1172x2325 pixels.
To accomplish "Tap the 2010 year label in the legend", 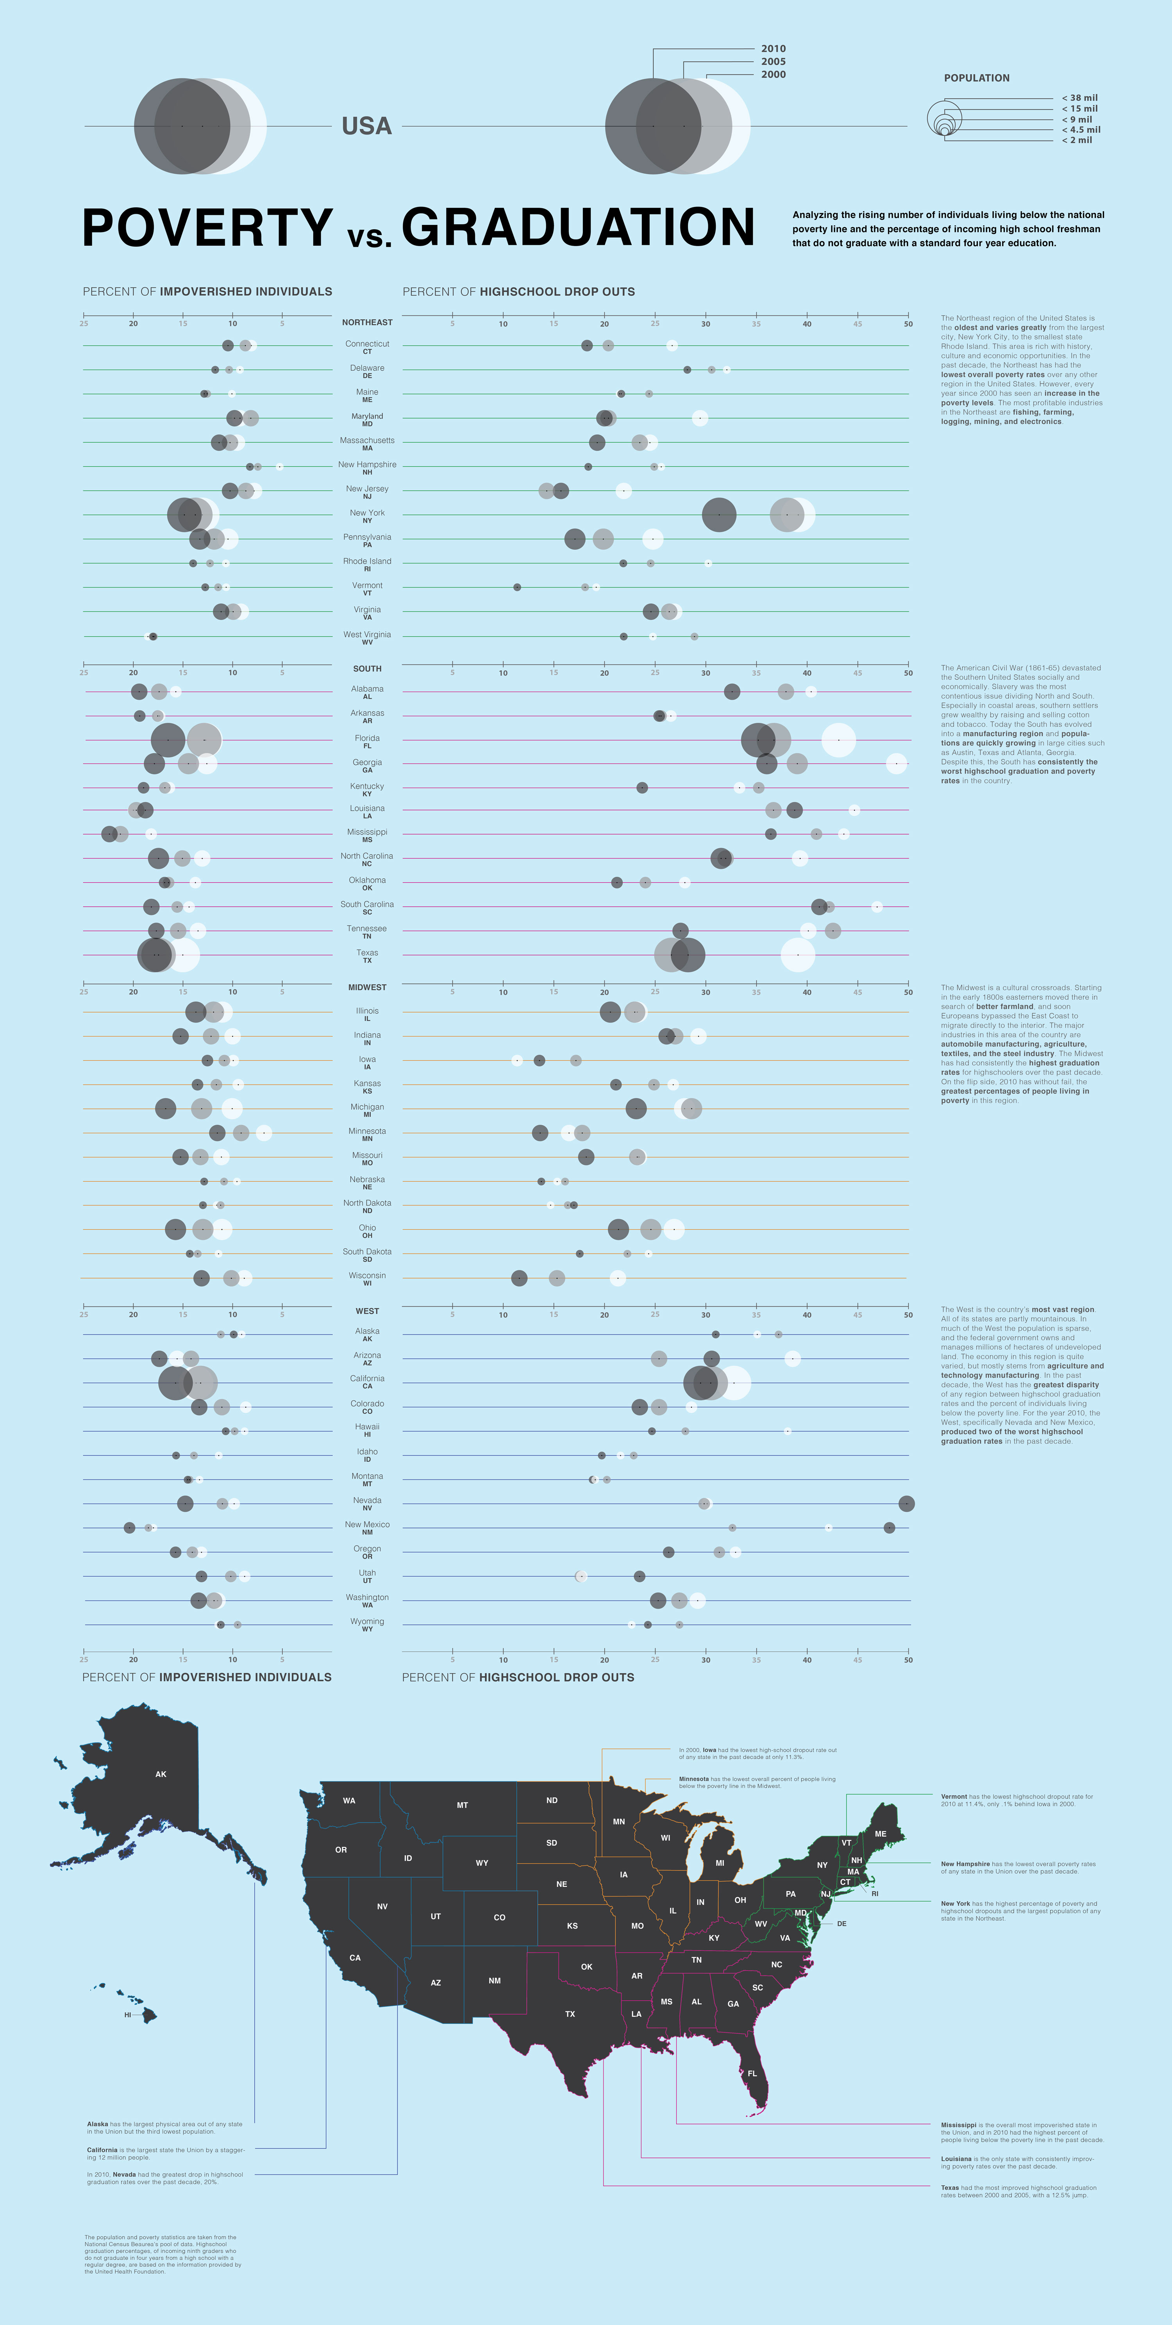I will pyautogui.click(x=773, y=49).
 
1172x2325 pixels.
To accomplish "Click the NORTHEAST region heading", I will pyautogui.click(x=366, y=322).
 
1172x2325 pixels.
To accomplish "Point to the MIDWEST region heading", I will pyautogui.click(x=366, y=987).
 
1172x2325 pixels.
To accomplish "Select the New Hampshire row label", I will pyautogui.click(x=366, y=465).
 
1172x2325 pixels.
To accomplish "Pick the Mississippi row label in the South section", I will pyautogui.click(x=366, y=832).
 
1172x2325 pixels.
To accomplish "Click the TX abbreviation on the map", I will pyautogui.click(x=570, y=2014).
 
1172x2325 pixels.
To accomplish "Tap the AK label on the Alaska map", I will pyautogui.click(x=161, y=1774).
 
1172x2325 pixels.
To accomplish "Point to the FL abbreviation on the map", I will pyautogui.click(x=752, y=2073).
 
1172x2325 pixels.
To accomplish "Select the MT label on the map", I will pyautogui.click(x=462, y=1805).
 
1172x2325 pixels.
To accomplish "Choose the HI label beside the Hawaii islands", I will pyautogui.click(x=127, y=2015).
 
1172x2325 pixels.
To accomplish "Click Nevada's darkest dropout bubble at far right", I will pyautogui.click(x=906, y=1504).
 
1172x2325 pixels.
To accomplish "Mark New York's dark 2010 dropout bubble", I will pyautogui.click(x=719, y=514).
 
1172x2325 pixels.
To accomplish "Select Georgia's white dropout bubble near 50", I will pyautogui.click(x=896, y=764).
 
